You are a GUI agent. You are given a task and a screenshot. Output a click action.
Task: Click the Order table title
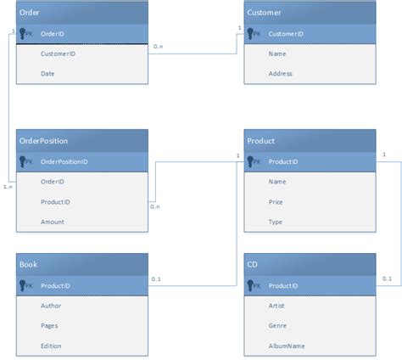click(x=30, y=13)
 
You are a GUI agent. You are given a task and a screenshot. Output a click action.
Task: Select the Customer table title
click(x=264, y=13)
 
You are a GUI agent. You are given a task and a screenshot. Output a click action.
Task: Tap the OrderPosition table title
click(x=43, y=140)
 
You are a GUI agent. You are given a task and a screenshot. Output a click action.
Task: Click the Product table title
click(x=260, y=140)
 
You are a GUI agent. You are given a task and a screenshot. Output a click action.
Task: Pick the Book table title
click(x=28, y=265)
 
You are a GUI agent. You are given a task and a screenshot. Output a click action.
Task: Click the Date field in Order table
click(x=47, y=74)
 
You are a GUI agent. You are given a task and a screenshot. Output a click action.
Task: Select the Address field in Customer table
click(x=281, y=74)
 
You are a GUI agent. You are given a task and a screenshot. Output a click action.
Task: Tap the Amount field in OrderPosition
click(x=52, y=222)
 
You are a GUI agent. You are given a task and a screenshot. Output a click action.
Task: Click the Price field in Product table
click(x=276, y=201)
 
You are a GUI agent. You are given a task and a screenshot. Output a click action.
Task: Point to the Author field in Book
click(x=51, y=305)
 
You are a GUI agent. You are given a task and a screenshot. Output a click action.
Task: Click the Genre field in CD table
click(x=278, y=325)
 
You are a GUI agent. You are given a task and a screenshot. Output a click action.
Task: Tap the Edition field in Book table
click(x=52, y=346)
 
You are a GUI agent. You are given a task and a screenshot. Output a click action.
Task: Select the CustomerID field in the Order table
click(x=56, y=53)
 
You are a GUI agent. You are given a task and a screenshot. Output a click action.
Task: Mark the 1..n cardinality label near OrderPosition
click(x=8, y=186)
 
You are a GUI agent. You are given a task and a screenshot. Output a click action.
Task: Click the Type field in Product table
click(x=276, y=222)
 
